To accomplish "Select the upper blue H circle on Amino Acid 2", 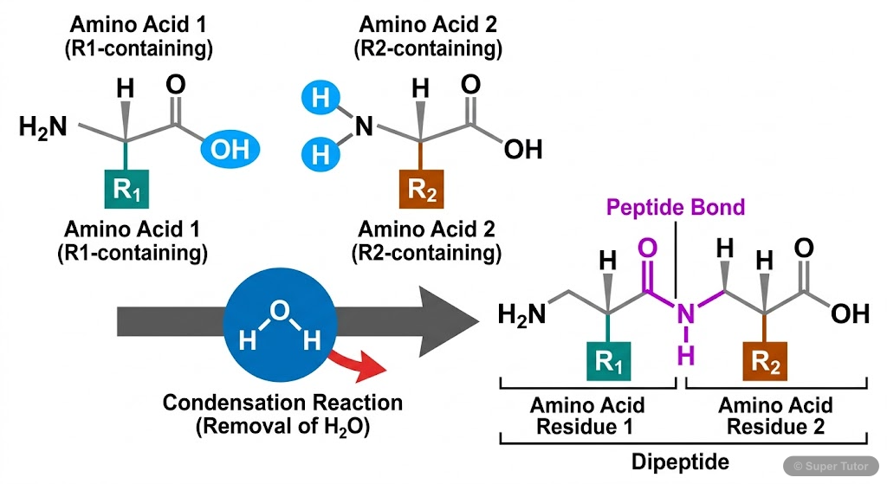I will point(320,98).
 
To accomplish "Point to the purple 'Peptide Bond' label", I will point(675,208).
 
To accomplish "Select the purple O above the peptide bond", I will point(646,250).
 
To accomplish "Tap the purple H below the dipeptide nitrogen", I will point(686,355).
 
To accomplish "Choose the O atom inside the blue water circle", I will point(275,310).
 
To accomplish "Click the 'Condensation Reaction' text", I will point(282,403).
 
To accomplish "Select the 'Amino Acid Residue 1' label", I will point(588,416).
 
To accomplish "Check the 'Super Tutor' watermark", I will point(832,466).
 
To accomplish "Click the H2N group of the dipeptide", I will point(521,314).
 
